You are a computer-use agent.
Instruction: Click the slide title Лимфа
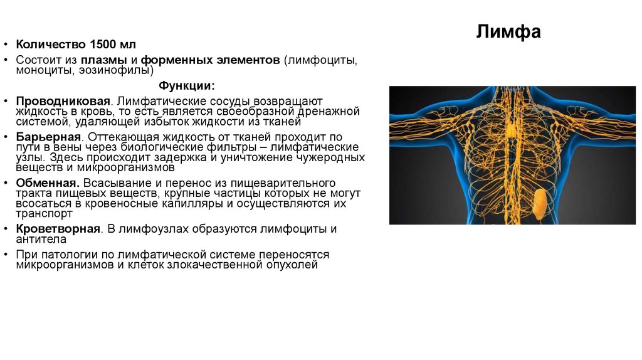(508, 32)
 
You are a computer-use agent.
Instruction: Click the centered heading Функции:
(186, 85)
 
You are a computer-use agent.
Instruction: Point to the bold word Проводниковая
(64, 101)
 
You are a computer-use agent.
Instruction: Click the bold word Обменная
(48, 183)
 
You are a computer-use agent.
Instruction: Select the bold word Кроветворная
(59, 229)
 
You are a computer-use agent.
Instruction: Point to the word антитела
(41, 239)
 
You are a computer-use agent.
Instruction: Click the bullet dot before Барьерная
(6, 136)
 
